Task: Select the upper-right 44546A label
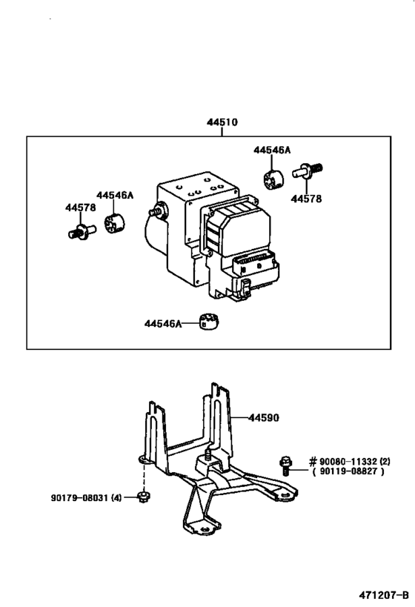[272, 150]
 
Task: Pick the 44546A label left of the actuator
[116, 195]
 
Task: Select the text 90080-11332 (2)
[350, 460]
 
